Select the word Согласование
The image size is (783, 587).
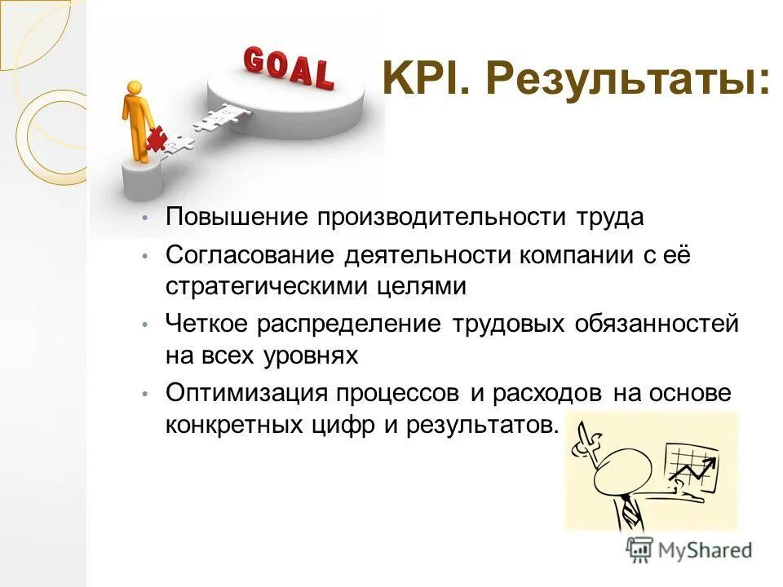pos(248,255)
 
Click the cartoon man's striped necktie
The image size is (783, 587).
pos(629,513)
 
